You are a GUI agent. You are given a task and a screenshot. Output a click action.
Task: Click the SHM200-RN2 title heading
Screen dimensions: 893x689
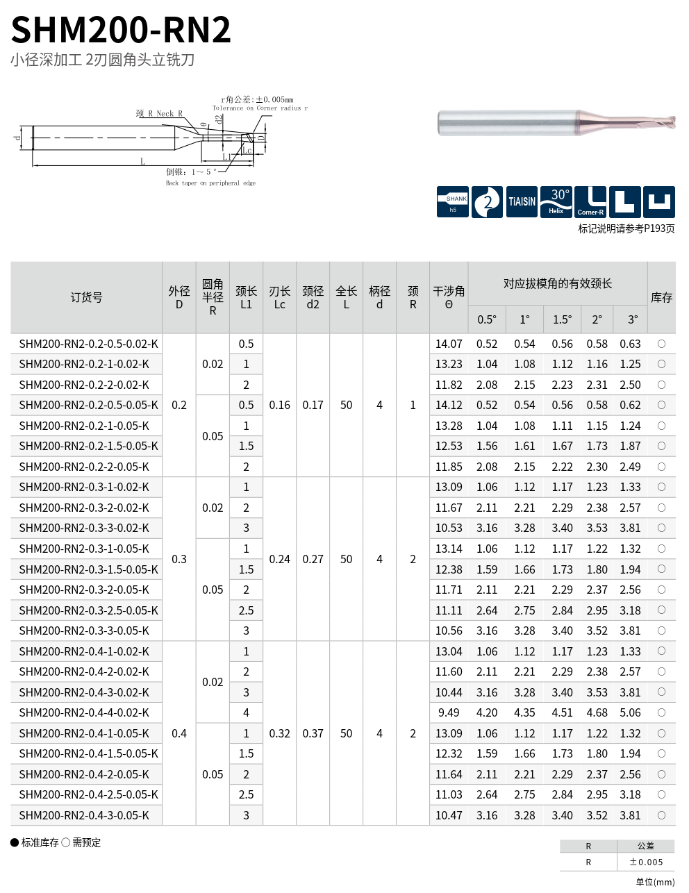point(121,30)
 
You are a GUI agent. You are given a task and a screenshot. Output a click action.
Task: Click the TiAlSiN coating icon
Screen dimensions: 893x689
point(522,202)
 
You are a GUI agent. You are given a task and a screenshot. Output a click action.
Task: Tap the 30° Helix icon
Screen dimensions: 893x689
point(556,202)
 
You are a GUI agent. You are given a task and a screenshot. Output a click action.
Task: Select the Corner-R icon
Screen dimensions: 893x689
point(590,202)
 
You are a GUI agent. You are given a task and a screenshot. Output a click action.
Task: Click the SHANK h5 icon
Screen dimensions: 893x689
point(453,202)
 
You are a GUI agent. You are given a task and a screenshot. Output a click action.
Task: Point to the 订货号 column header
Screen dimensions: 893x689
point(86,297)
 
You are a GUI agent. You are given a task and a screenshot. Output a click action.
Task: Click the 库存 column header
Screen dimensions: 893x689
point(661,297)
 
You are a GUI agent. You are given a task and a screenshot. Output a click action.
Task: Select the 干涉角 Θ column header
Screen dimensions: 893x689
point(449,297)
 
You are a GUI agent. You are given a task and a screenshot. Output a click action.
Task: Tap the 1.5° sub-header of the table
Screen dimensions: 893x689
point(562,319)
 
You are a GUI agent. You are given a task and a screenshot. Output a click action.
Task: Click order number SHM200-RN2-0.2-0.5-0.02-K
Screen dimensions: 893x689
point(88,344)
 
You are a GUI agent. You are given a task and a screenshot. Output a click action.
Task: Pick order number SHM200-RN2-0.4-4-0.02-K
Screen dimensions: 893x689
point(84,712)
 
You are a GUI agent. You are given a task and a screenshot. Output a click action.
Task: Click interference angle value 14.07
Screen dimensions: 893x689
point(449,344)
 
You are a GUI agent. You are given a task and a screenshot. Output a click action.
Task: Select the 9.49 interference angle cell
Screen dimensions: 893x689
point(449,712)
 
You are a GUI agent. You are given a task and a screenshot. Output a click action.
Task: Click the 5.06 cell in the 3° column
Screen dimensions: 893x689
point(630,712)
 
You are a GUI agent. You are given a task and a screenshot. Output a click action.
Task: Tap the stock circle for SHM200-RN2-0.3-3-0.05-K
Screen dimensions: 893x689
point(661,631)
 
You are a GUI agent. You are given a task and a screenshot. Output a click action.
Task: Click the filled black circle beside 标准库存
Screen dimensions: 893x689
point(15,842)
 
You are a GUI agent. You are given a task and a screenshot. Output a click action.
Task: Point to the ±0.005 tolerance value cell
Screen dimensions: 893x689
point(646,862)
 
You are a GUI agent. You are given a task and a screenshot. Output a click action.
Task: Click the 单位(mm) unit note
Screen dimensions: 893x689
point(654,882)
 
